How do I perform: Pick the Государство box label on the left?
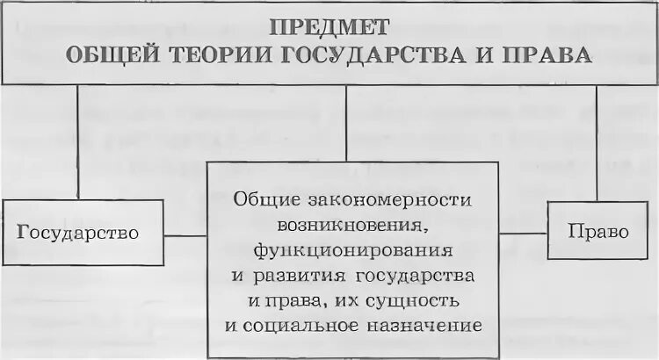tap(78, 233)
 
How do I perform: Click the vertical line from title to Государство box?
tap(78, 140)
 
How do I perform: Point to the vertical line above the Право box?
tap(597, 140)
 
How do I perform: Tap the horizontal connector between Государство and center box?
tap(185, 234)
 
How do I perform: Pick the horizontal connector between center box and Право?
tap(523, 233)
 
